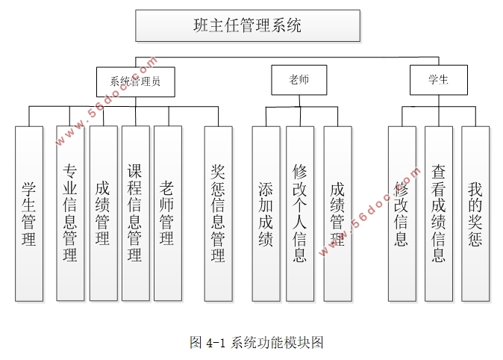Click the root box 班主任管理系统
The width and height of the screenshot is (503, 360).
[x=247, y=25]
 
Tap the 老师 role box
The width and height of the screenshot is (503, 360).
[x=299, y=80]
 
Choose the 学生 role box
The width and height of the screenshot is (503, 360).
[x=438, y=80]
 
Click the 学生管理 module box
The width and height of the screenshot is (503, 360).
[x=28, y=213]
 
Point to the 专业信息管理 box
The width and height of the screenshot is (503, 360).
[x=70, y=213]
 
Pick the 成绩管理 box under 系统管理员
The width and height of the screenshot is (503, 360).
[x=103, y=213]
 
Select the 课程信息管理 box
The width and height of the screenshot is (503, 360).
[x=135, y=213]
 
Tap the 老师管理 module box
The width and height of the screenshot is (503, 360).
[x=167, y=213]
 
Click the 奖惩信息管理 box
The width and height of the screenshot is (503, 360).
[x=218, y=213]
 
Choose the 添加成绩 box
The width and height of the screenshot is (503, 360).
[x=266, y=213]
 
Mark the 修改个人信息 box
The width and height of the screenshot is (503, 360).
[x=299, y=213]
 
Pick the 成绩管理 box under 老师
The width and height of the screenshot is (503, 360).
[x=337, y=213]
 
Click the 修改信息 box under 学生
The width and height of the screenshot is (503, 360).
[x=402, y=213]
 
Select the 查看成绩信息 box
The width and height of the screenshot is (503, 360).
[x=439, y=213]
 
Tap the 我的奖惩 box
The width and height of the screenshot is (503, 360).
[x=475, y=213]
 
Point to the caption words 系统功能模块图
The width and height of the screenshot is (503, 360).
[x=277, y=343]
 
